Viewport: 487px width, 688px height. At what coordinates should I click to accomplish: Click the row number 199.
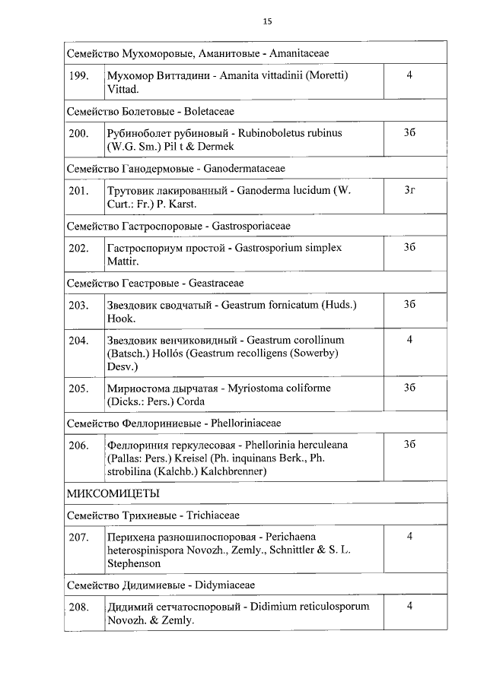click(x=79, y=76)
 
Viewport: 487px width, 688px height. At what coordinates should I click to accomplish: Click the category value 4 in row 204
click(x=409, y=340)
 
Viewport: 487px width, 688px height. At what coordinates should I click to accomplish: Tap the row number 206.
click(x=79, y=445)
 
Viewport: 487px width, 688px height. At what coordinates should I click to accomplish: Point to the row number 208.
click(x=79, y=607)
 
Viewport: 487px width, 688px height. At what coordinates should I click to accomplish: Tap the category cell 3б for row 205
click(x=409, y=387)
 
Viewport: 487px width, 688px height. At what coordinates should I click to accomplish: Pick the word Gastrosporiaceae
click(x=247, y=226)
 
